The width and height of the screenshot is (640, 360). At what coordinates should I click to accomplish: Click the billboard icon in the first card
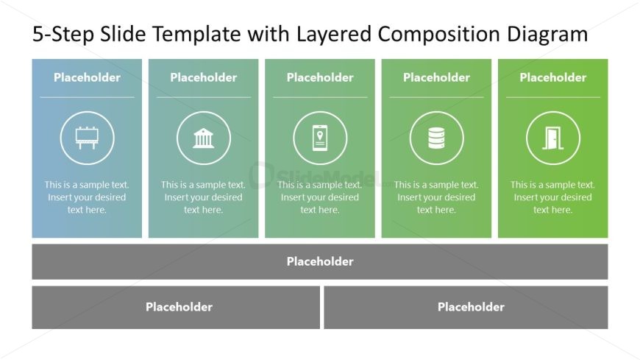[87, 138]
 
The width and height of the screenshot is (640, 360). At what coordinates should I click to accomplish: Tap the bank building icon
[203, 138]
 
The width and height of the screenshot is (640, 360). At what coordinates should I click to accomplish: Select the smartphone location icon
[320, 138]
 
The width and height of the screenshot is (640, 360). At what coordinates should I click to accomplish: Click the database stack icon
[436, 138]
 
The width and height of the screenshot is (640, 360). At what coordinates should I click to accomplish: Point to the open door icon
[552, 138]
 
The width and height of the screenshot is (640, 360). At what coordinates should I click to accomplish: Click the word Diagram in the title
[547, 34]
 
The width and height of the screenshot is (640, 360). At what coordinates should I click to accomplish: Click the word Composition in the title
[438, 34]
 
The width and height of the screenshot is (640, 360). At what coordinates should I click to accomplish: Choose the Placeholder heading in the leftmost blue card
[87, 77]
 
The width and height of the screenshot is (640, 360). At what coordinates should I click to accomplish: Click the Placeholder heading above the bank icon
[203, 77]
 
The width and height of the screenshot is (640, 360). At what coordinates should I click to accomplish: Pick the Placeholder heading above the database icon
[436, 77]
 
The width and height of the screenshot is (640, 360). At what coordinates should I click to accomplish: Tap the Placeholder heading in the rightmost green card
[552, 77]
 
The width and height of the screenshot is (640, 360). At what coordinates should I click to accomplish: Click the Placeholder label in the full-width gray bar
[320, 261]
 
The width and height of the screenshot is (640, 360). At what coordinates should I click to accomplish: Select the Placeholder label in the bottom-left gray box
[179, 307]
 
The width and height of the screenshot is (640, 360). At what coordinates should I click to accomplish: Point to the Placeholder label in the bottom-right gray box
[471, 307]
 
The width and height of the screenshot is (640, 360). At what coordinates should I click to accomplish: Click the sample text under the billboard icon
[87, 197]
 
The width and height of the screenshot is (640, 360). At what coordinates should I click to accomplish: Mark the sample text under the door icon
[552, 197]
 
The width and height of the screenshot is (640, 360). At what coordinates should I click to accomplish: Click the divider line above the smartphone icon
[320, 97]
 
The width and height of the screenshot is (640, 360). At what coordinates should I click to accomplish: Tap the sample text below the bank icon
[203, 197]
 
